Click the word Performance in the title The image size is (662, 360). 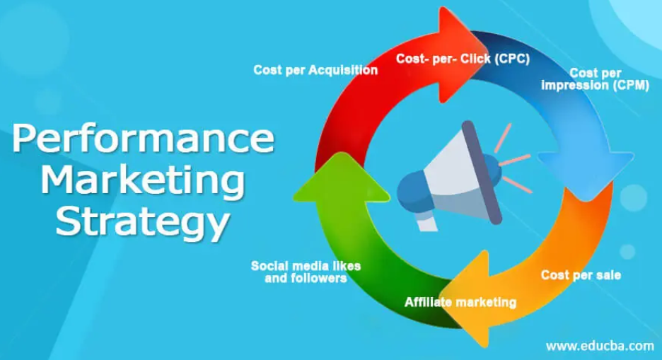[x=143, y=138]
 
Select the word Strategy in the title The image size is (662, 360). [x=143, y=221]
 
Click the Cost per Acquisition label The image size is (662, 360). [x=315, y=70]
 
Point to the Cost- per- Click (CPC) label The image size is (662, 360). [x=463, y=59]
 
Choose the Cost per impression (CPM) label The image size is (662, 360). [x=596, y=79]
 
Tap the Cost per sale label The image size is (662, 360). [x=581, y=275]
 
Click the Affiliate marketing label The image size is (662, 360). [x=460, y=302]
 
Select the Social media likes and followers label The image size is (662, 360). [x=306, y=272]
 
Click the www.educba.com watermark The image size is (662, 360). [x=600, y=346]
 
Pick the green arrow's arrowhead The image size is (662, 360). [x=341, y=178]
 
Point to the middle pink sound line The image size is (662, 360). [x=515, y=160]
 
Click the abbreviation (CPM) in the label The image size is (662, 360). [x=631, y=86]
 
